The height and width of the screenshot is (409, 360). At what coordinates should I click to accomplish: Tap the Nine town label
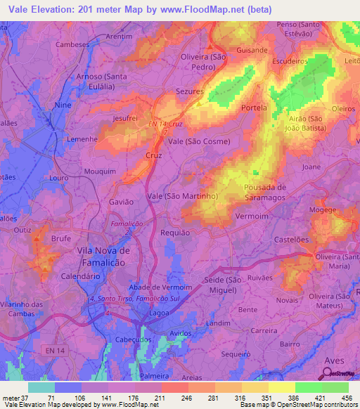click(63, 105)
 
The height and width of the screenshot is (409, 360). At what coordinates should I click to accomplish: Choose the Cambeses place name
click(72, 44)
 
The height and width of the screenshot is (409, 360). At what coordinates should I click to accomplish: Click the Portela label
click(254, 108)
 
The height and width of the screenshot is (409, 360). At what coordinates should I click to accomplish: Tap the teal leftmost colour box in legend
click(41, 387)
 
